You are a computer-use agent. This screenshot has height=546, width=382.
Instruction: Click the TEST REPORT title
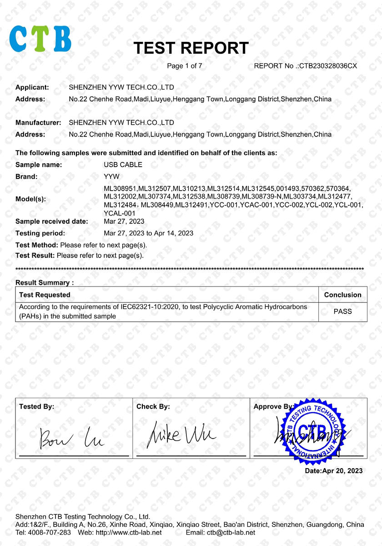(x=191, y=48)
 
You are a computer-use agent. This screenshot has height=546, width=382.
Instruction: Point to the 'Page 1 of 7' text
(x=185, y=66)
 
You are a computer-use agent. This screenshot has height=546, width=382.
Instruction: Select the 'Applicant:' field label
(x=32, y=87)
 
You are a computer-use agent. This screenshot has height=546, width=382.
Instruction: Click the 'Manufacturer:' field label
(x=38, y=123)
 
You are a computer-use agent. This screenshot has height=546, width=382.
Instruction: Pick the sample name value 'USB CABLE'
(x=123, y=165)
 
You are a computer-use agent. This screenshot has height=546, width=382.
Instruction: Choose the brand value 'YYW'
(x=111, y=177)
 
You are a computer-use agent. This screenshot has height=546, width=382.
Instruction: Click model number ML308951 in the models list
(x=121, y=188)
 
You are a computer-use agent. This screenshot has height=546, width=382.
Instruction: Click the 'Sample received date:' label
(x=51, y=222)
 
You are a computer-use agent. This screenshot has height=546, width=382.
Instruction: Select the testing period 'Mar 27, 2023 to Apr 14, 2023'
(x=148, y=233)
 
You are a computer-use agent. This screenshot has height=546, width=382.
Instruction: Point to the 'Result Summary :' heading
(x=45, y=283)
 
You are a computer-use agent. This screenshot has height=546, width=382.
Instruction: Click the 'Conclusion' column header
(x=342, y=295)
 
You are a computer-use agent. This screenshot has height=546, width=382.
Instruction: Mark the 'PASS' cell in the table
(x=342, y=312)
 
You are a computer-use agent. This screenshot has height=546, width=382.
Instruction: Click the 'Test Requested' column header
(x=45, y=295)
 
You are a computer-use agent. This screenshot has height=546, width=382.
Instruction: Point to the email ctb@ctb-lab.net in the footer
(x=231, y=532)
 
